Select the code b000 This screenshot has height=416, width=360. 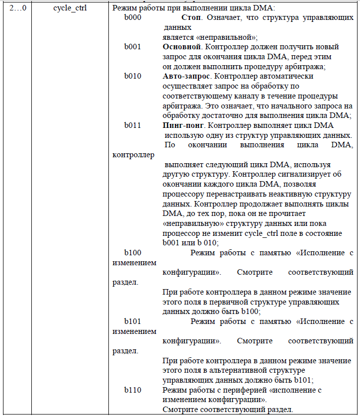coord(133,18)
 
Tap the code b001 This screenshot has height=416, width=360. coord(133,47)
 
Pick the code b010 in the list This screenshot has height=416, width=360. coord(133,76)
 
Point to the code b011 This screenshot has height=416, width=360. coord(133,125)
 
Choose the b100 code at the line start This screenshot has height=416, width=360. coord(133,253)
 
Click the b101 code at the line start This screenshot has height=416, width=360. coord(133,321)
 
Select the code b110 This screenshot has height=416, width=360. coord(133,390)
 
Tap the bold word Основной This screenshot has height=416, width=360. coord(181,47)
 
